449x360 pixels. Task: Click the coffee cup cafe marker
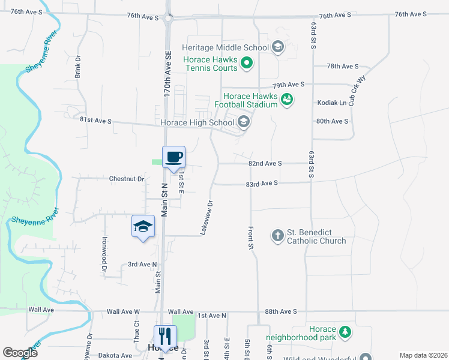tap(173, 157)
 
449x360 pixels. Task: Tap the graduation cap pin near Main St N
tap(143, 226)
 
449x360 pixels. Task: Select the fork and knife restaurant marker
tap(164, 335)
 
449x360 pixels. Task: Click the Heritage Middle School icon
tap(277, 47)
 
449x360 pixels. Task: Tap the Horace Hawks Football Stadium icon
tap(287, 100)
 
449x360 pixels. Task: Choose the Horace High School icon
tap(243, 122)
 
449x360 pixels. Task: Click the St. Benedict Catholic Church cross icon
tap(277, 235)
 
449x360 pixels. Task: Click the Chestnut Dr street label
tap(127, 179)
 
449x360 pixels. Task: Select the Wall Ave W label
tap(123, 312)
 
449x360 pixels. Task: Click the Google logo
tap(20, 352)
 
